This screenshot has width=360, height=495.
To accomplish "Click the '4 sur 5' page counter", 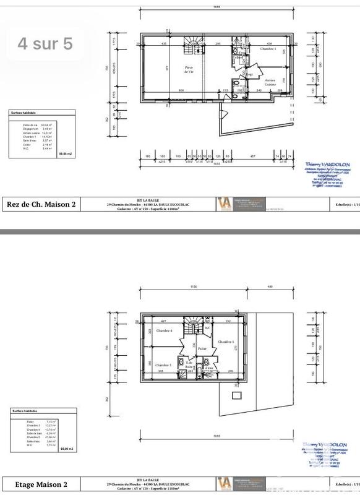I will coord(46,44).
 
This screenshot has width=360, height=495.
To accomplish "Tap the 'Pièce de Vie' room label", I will coord(189,70).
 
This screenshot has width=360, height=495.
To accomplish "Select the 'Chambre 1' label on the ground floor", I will coord(267,48).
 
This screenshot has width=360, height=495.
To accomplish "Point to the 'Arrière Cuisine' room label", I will coord(270,82).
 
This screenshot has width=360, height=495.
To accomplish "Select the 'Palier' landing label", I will coord(202,349).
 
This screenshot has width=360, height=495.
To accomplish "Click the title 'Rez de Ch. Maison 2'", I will coord(41,204).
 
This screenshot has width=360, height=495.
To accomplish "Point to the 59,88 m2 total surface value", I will coord(65,153).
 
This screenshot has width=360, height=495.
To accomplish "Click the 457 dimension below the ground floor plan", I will coord(252,156).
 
